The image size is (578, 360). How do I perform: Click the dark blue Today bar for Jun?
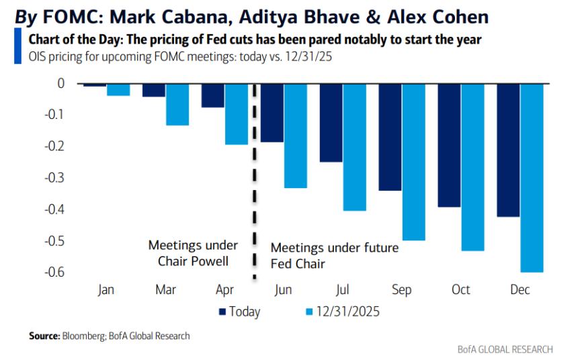click(272, 113)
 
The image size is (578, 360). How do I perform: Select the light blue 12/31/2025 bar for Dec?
click(532, 177)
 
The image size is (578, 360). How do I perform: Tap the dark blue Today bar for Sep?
click(390, 137)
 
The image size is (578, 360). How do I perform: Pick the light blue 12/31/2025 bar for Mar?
click(177, 104)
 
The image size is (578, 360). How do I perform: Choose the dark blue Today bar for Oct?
click(450, 145)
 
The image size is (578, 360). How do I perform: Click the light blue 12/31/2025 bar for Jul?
click(355, 147)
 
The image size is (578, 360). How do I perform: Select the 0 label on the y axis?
click(60, 84)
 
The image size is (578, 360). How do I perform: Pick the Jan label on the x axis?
click(106, 289)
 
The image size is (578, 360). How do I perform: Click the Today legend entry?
click(239, 311)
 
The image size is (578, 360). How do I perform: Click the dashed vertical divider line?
click(254, 181)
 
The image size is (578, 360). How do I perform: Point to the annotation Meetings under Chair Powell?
click(190, 254)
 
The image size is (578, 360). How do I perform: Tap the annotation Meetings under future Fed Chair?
click(334, 256)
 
